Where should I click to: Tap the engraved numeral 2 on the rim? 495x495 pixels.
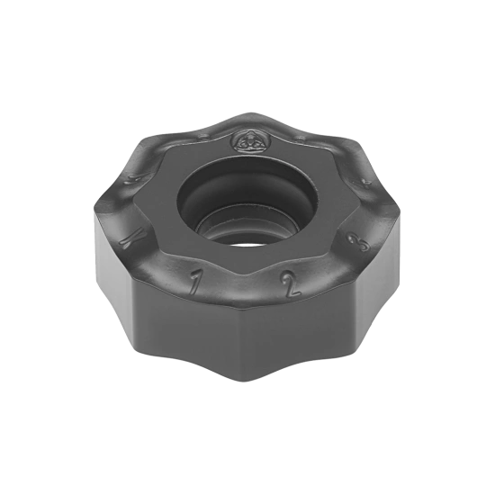287,287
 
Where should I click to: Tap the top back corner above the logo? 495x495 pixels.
249,114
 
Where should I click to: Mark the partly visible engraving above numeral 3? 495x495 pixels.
364,184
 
